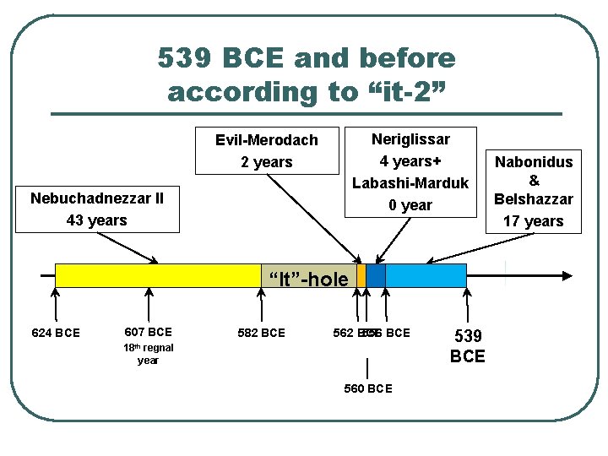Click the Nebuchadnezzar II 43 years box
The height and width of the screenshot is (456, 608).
tap(97, 209)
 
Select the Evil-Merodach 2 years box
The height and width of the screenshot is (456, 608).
tap(266, 150)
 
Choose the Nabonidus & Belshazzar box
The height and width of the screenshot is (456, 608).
tap(533, 191)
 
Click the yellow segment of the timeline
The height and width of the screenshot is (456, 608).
tap(157, 275)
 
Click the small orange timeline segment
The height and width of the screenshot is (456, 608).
tap(361, 275)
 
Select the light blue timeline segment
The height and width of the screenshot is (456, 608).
tap(426, 275)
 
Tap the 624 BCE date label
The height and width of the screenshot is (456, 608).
tap(55, 333)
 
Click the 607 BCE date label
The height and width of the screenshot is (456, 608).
tap(148, 332)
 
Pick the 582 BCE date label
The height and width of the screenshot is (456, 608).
tap(261, 333)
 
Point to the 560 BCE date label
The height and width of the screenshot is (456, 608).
tap(367, 388)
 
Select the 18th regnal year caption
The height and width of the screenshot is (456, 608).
tap(148, 354)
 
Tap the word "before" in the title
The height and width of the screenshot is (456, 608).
tap(408, 58)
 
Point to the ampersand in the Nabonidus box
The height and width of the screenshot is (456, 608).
tap(534, 181)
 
